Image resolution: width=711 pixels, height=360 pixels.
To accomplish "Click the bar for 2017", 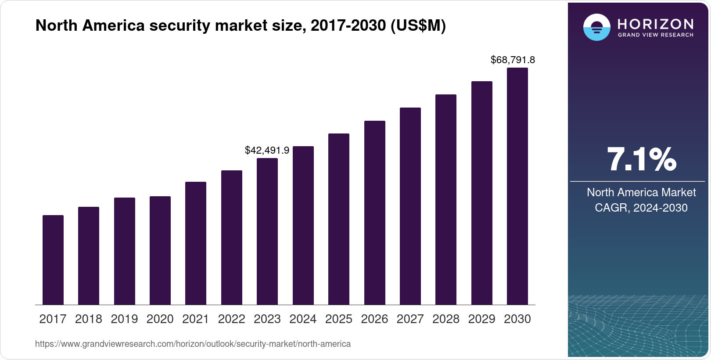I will pyautogui.click(x=53, y=260).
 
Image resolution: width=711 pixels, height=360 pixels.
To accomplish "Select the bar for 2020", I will pyautogui.click(x=160, y=250).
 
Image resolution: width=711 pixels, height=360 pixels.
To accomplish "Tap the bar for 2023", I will pyautogui.click(x=267, y=231).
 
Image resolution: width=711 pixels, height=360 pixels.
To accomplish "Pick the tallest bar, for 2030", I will pyautogui.click(x=517, y=186).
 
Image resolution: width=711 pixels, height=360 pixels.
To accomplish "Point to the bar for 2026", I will pyautogui.click(x=375, y=212).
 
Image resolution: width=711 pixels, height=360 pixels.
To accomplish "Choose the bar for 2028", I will pyautogui.click(x=446, y=199).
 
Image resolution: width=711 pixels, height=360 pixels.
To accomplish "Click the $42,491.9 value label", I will pyautogui.click(x=267, y=151).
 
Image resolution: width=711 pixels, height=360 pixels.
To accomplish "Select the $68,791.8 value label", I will pyautogui.click(x=513, y=60).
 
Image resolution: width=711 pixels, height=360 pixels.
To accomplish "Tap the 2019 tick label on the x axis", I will pyautogui.click(x=124, y=319).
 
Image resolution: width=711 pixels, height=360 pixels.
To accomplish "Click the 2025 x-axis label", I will pyautogui.click(x=339, y=319).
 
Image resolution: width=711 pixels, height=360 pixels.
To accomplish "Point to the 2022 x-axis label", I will pyautogui.click(x=231, y=319).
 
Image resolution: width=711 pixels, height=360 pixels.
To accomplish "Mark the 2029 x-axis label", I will pyautogui.click(x=481, y=319).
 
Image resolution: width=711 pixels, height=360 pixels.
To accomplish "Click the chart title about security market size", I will pyautogui.click(x=241, y=26).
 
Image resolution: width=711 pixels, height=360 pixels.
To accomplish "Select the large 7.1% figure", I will pyautogui.click(x=641, y=159).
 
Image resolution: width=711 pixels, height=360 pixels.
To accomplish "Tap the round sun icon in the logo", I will pyautogui.click(x=596, y=27).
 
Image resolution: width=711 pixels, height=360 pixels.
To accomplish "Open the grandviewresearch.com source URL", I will pyautogui.click(x=193, y=344).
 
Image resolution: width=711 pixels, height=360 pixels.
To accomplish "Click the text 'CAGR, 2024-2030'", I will pyautogui.click(x=641, y=208).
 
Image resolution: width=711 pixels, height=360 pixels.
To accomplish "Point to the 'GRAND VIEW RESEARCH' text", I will pyautogui.click(x=655, y=35).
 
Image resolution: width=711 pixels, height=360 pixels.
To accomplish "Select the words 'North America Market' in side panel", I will pyautogui.click(x=641, y=192).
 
